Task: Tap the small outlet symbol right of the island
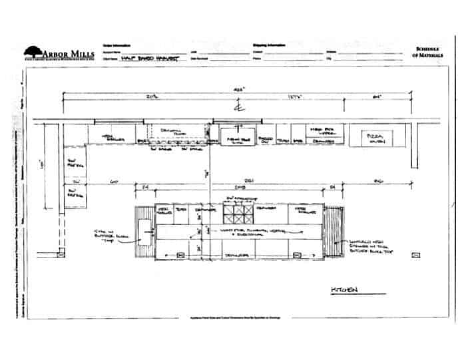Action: [x=415, y=255]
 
